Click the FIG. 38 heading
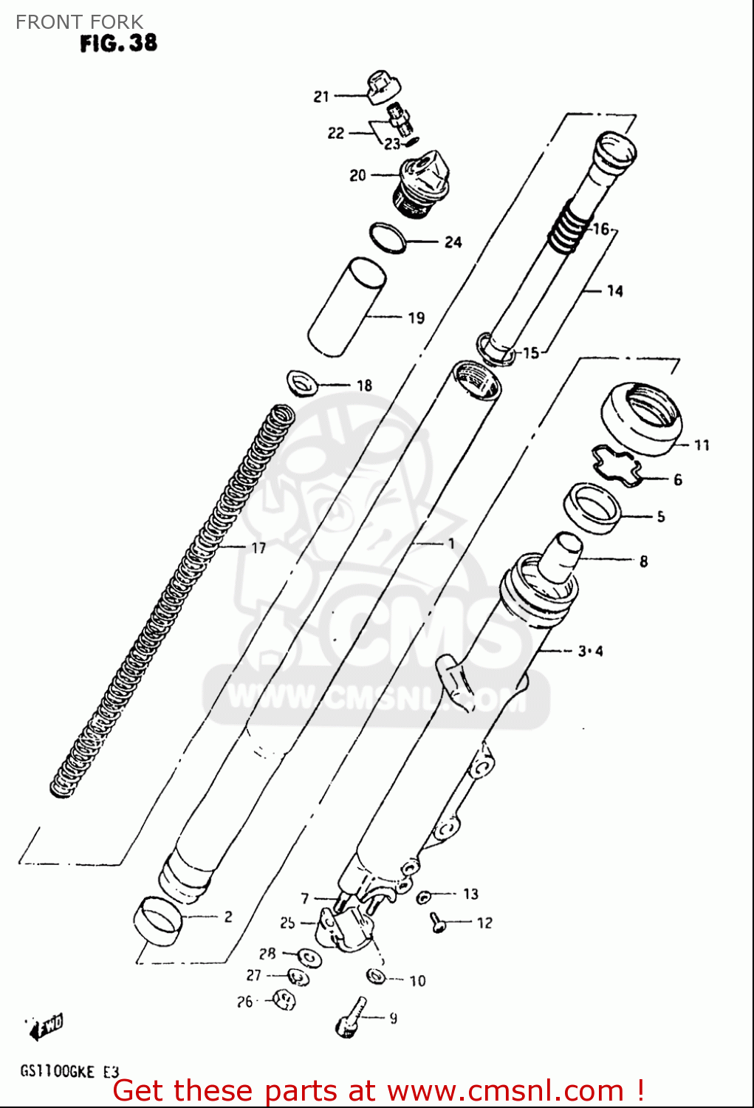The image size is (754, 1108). click(x=118, y=43)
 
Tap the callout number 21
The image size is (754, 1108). click(x=321, y=97)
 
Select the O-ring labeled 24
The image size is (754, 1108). click(x=388, y=237)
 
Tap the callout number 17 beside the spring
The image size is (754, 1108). click(x=258, y=548)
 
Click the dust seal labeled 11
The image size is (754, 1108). click(x=640, y=417)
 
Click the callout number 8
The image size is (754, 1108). click(x=643, y=561)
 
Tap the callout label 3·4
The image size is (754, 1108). click(x=590, y=652)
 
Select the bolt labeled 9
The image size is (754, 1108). click(x=350, y=1017)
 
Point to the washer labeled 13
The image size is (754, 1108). click(x=424, y=897)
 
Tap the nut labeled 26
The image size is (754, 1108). click(x=284, y=1000)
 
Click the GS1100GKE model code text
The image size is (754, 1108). click(x=58, y=1071)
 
